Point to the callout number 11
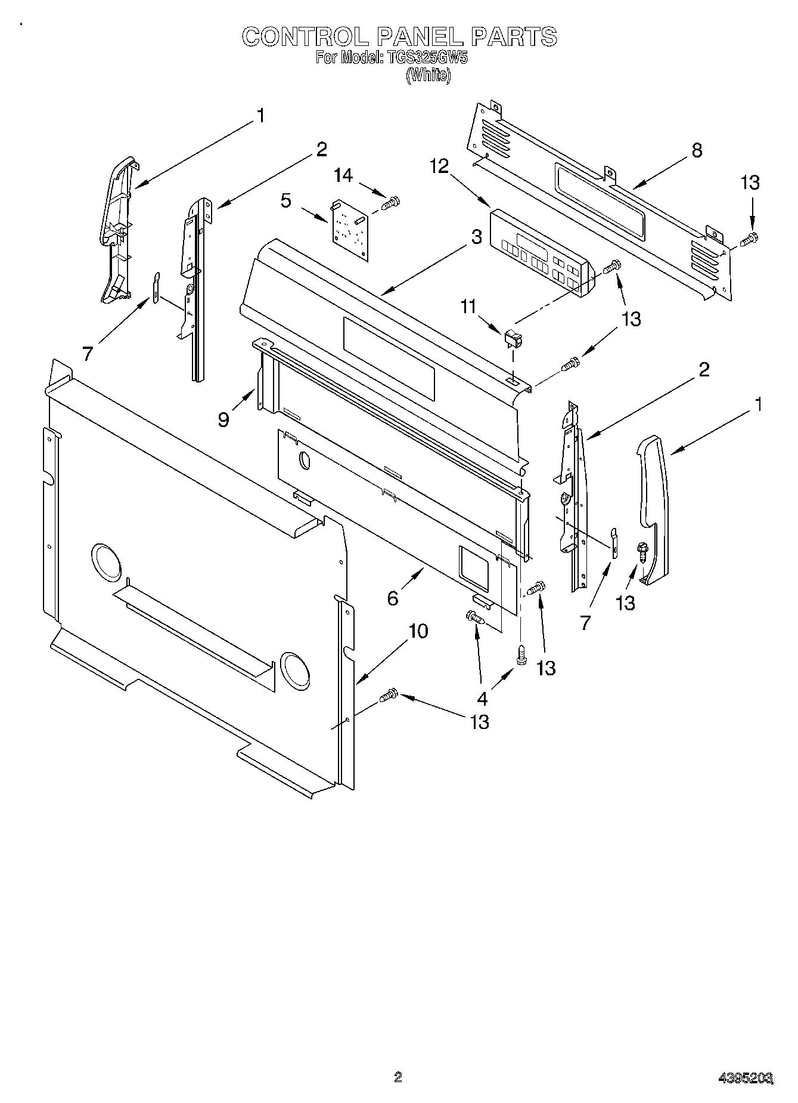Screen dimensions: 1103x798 [468, 307]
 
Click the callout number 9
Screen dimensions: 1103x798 [223, 420]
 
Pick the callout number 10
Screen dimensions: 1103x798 [418, 631]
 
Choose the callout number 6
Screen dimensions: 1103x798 [392, 598]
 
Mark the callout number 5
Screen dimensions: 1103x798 [286, 201]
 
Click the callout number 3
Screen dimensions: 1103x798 [476, 237]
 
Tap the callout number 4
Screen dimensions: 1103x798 [482, 699]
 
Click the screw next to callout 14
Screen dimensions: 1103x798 [390, 204]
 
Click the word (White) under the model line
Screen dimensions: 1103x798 [428, 75]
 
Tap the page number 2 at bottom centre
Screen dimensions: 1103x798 [398, 1077]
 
